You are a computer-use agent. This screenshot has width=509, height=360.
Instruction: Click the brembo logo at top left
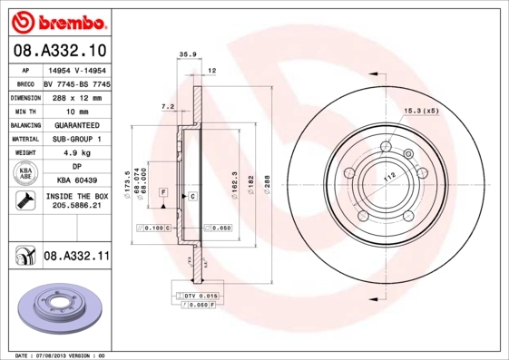(x=58, y=20)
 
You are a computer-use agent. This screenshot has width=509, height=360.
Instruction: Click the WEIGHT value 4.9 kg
(x=76, y=152)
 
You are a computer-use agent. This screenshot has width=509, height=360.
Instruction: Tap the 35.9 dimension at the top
(x=188, y=54)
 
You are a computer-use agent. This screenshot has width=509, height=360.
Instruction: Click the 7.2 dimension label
(x=167, y=107)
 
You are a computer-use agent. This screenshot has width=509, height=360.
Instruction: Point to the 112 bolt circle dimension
(x=389, y=179)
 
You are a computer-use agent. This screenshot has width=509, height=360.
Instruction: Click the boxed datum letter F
(x=163, y=192)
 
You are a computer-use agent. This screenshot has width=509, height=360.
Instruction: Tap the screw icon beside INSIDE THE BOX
(x=22, y=200)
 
